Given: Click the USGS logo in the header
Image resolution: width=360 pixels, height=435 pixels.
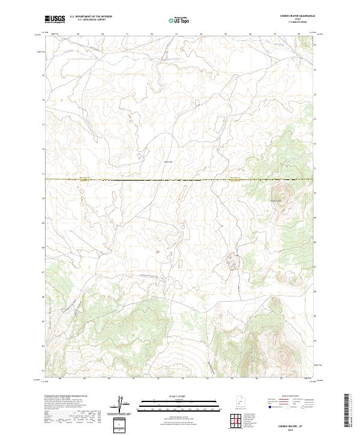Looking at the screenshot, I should pyautogui.click(x=55, y=19).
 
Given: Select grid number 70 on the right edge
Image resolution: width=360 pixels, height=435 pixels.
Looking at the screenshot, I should pyautogui.click(x=316, y=193).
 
